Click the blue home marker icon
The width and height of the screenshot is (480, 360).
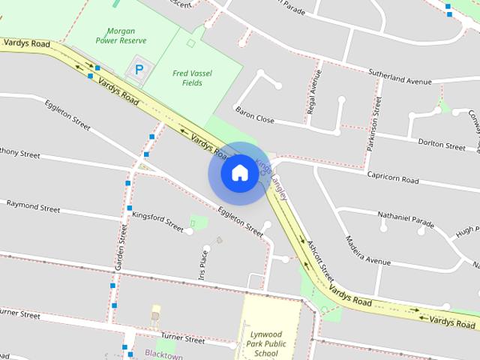pos(239,173)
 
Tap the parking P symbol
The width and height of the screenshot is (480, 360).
pos(139,70)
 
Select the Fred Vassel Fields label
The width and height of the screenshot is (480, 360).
pos(192,78)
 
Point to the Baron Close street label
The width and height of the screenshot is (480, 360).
pos(255,115)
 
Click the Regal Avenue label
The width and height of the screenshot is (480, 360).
pos(313,95)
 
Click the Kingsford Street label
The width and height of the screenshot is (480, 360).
pos(157,222)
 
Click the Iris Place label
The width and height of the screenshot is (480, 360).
pos(203,264)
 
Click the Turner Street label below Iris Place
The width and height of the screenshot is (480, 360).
pos(182,339)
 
